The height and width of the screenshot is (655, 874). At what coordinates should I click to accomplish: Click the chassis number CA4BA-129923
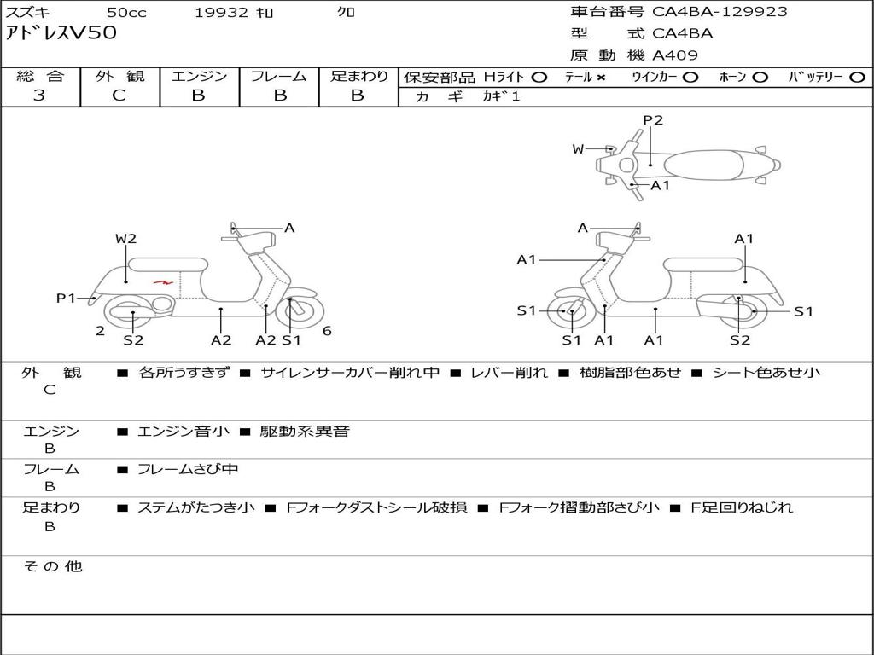coord(720,11)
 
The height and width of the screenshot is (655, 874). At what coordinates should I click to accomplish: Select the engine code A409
coord(674,55)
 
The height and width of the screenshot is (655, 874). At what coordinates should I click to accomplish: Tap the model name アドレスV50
coord(61,33)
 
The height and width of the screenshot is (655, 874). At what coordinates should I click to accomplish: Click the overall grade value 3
coord(39,95)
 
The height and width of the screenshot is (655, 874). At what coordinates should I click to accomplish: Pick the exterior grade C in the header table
coord(119,95)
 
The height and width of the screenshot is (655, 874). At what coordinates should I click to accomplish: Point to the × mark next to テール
coord(600,78)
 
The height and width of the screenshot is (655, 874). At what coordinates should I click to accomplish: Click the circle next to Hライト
coord(539,78)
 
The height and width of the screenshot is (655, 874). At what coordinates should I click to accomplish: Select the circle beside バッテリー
coord(857,78)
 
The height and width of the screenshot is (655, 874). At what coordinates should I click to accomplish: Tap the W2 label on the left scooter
coord(126,239)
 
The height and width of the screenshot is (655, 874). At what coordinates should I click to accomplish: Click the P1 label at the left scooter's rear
coord(66,298)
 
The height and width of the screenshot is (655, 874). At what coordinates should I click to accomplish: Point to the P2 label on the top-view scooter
coord(653,120)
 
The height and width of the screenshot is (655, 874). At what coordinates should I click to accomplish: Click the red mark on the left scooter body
coord(164,281)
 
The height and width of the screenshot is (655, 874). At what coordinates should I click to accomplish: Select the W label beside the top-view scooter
coord(578,148)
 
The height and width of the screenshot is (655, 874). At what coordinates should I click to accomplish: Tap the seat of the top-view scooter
coord(703,165)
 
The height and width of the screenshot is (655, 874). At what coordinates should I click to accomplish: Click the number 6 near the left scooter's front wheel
coord(327,331)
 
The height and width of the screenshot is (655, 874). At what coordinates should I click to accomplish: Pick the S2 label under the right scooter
coord(740,339)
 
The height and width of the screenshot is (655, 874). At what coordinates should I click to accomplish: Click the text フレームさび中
coord(188,470)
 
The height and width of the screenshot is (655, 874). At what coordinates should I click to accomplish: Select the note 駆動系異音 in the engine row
coord(305,431)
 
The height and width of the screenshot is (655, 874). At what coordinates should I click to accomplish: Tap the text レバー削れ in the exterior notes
coord(510,373)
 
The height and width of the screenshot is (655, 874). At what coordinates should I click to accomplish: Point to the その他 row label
coord(53,566)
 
